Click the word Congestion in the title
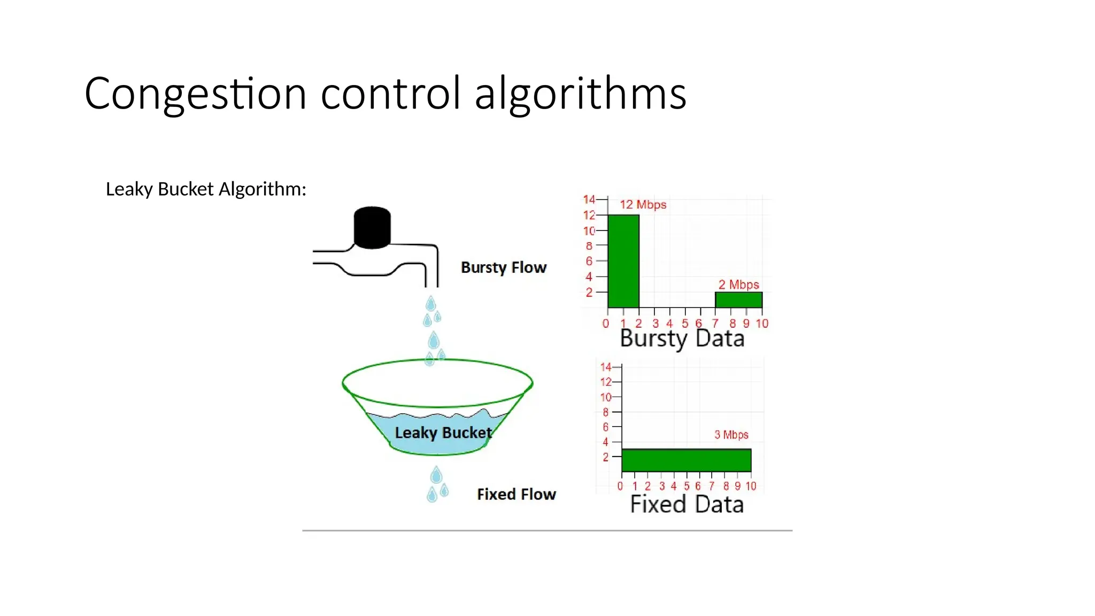click(195, 94)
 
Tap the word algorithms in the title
click(580, 94)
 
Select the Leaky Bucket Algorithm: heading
click(206, 189)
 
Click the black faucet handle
click(372, 227)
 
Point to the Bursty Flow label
click(504, 267)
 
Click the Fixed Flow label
click(516, 494)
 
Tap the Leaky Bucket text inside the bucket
click(443, 433)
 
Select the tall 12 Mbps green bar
click(623, 261)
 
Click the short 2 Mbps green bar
click(738, 300)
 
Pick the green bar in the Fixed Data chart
click(686, 460)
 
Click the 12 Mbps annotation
click(643, 205)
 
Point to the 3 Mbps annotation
click(731, 435)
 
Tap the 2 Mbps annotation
click(738, 284)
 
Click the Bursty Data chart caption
click(682, 339)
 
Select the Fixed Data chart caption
click(687, 505)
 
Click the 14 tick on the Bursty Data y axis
click(589, 199)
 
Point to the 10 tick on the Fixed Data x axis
click(751, 486)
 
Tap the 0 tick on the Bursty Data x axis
click(606, 324)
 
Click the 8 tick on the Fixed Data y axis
click(605, 412)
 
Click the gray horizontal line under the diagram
click(547, 530)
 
